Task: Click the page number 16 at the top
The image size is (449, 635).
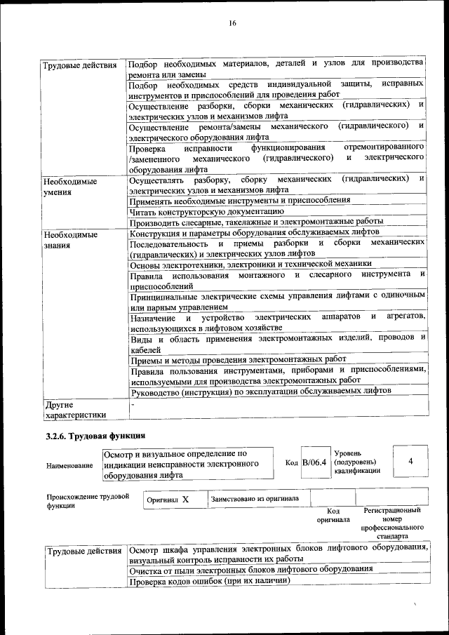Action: coord(232,23)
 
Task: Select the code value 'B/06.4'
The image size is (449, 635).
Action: coord(314,463)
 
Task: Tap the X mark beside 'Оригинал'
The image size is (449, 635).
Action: coord(185,500)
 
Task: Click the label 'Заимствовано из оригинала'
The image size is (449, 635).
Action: coord(255,499)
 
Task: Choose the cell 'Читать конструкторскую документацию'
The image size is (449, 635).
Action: coord(207,210)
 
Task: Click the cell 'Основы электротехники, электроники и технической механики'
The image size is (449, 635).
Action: coord(250,265)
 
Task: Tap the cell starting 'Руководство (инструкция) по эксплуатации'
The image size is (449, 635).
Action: coord(261,392)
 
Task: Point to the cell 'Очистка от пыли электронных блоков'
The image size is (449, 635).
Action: coord(251,570)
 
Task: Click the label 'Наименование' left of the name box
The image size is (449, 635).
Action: coord(69,465)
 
